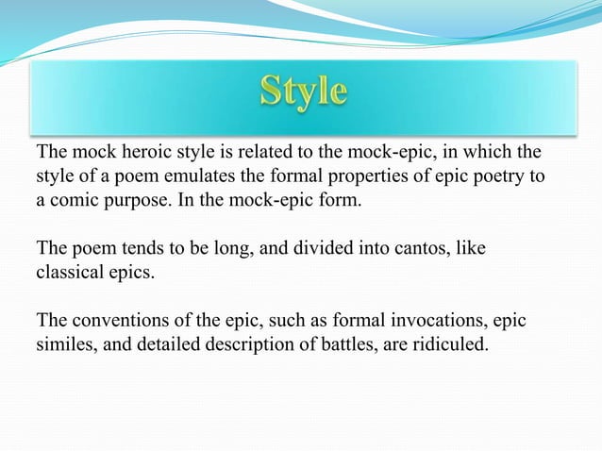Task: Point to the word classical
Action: point(71,273)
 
